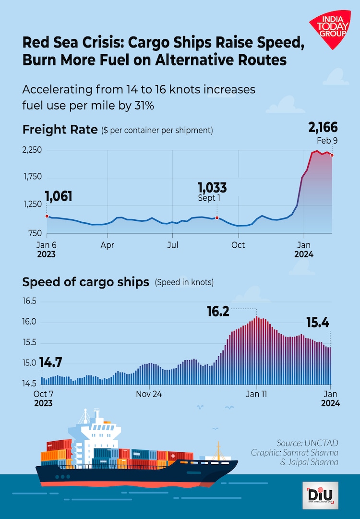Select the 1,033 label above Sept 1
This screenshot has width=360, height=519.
pos(213,187)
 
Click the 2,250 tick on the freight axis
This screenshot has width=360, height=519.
pos(32,150)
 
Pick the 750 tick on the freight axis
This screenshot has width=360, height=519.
pos(35,233)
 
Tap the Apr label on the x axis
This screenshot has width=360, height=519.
pos(108,245)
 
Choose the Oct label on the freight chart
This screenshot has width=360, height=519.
pos(238,245)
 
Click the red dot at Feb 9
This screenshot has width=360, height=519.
pos(332,155)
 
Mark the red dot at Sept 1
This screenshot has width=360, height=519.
pos(217,218)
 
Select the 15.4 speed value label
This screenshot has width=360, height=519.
pos(318,323)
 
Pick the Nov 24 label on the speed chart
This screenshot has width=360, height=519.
pos(150,394)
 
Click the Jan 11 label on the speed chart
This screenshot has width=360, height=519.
pos(257,394)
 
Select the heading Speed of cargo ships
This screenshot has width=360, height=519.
pos(86,282)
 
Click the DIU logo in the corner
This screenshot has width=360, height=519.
pos(321,494)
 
